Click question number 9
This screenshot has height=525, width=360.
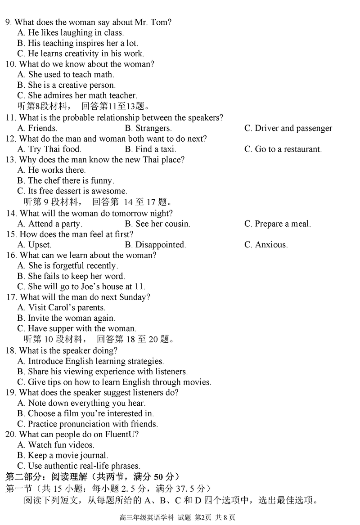(x=9, y=22)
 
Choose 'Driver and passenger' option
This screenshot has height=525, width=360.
(x=288, y=128)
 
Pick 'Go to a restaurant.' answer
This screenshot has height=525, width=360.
(x=283, y=149)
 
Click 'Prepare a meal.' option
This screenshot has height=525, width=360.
(x=278, y=224)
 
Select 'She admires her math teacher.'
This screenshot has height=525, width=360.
(x=77, y=95)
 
